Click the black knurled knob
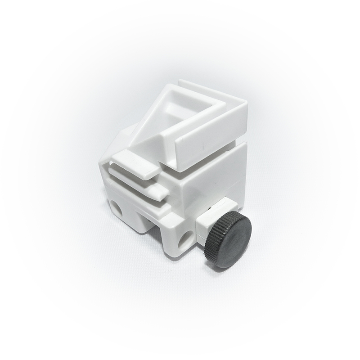228,238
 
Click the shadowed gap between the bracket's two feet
155,234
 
